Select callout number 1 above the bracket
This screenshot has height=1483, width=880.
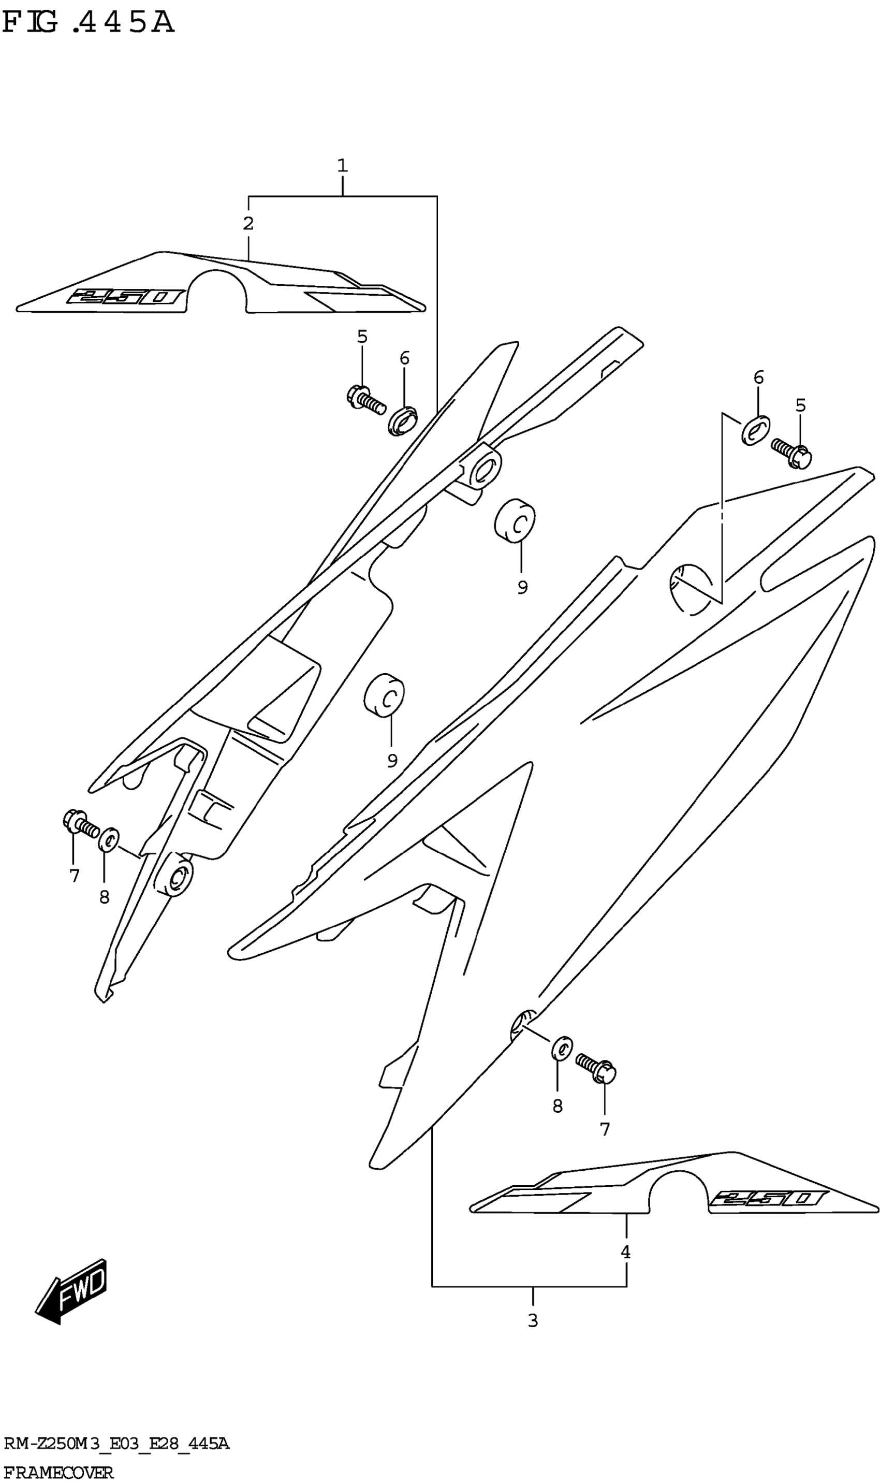tap(342, 166)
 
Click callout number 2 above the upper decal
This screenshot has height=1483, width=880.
tap(248, 224)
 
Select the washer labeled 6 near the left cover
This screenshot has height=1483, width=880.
tap(403, 420)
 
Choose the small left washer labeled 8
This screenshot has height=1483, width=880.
tap(108, 839)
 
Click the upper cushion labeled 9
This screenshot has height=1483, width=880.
tap(515, 520)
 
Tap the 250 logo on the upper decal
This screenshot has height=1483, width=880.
tap(126, 297)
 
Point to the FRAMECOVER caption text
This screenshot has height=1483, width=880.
tap(58, 1469)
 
